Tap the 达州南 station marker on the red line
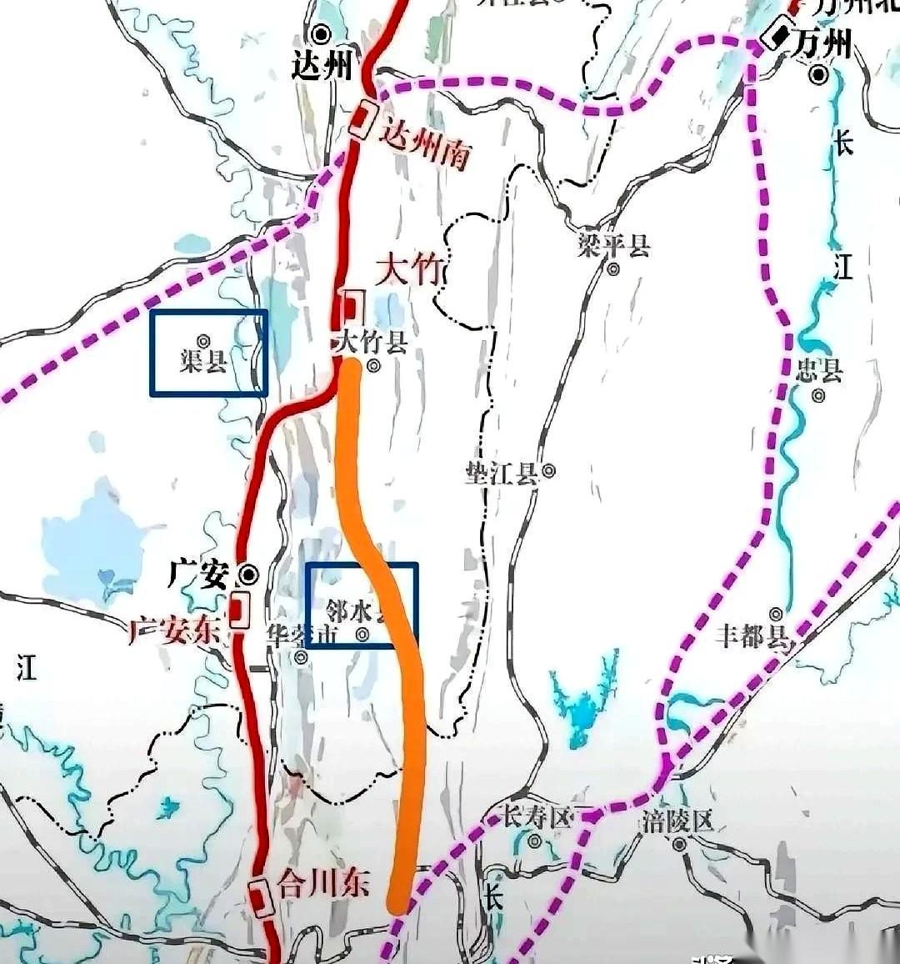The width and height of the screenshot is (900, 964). (361, 120)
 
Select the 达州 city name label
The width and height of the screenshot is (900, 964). (323, 67)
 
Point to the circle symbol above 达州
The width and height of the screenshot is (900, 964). (321, 34)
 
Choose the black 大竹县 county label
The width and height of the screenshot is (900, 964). (369, 342)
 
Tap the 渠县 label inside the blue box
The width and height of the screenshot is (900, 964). (203, 361)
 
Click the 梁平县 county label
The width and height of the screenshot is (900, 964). (613, 246)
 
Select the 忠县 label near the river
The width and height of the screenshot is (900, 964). (818, 370)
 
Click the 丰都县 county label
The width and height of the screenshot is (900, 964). (752, 637)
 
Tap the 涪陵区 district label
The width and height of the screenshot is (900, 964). (678, 821)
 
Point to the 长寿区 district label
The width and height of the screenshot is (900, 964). (536, 815)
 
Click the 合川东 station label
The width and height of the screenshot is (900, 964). (322, 884)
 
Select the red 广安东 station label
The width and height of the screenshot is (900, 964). (173, 631)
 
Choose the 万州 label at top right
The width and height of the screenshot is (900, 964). (823, 43)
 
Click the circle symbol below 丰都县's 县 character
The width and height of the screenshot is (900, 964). (777, 615)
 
